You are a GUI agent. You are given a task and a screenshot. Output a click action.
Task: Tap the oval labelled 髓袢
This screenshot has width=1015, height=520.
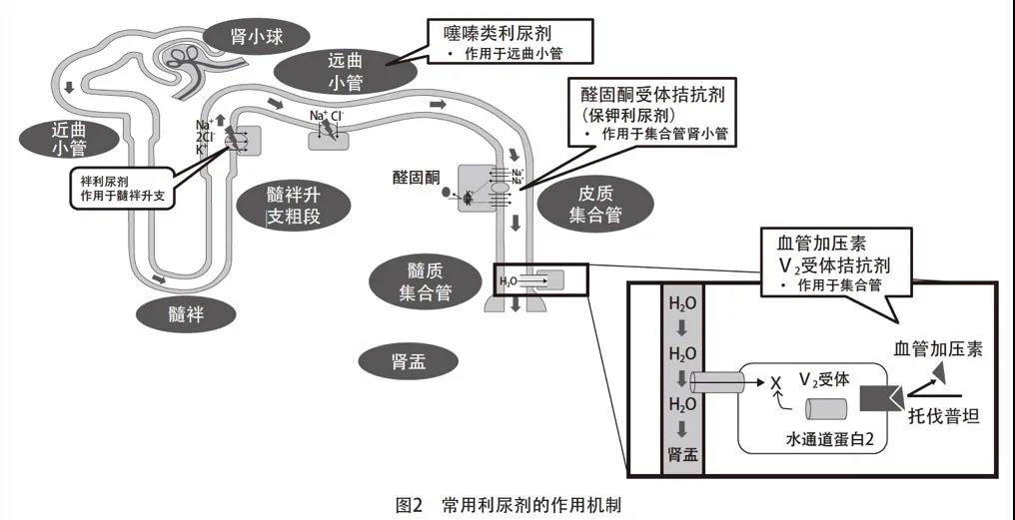click(187, 313)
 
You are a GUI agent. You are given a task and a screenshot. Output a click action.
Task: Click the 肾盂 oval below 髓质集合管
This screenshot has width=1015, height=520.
click(410, 361)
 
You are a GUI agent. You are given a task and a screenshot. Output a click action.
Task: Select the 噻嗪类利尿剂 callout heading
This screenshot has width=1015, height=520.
click(497, 33)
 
